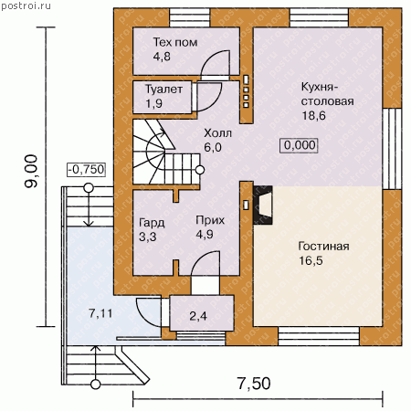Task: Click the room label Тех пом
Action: pos(175,42)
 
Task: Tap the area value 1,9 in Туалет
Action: pos(154,104)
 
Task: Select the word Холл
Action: pos(217,133)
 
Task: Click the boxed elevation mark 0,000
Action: pos(299,145)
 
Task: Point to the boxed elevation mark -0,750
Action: pos(87,169)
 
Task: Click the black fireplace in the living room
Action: pos(263,205)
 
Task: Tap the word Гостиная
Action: pos(323,246)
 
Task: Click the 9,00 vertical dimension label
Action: pos(31,171)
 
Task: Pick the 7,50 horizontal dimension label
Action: pos(254,384)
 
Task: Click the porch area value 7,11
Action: pos(100,313)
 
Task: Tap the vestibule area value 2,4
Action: pos(198,316)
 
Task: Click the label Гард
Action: pos(152,223)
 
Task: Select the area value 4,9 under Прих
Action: pos(205,235)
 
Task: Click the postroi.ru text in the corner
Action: pos(26,5)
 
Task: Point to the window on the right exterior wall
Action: pos(392,149)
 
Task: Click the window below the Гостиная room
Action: pos(319,336)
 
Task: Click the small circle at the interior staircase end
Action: pos(200,170)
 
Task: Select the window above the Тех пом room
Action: pos(190,18)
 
